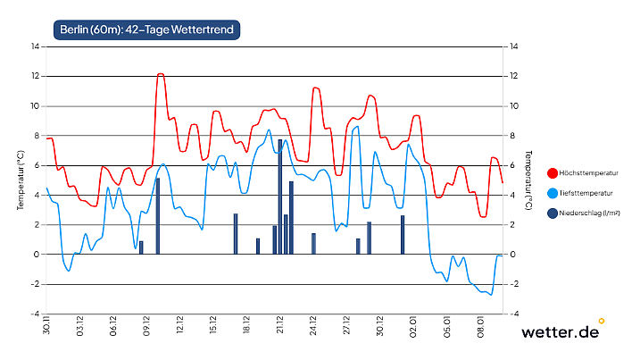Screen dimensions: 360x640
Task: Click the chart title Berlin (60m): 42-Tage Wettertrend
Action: tap(147, 30)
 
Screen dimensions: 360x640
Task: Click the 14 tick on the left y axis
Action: tap(35, 46)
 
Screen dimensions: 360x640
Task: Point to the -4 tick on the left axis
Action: tap(35, 314)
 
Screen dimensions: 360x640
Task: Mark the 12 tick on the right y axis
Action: tap(511, 76)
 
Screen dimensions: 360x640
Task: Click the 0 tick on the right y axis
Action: tap(510, 255)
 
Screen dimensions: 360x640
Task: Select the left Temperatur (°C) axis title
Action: tap(21, 180)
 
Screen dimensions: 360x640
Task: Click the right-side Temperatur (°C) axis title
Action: tap(529, 180)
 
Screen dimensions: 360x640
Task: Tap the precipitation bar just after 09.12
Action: tap(158, 216)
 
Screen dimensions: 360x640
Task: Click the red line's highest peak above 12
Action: tap(161, 74)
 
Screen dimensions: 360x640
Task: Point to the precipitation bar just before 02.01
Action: tap(403, 235)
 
